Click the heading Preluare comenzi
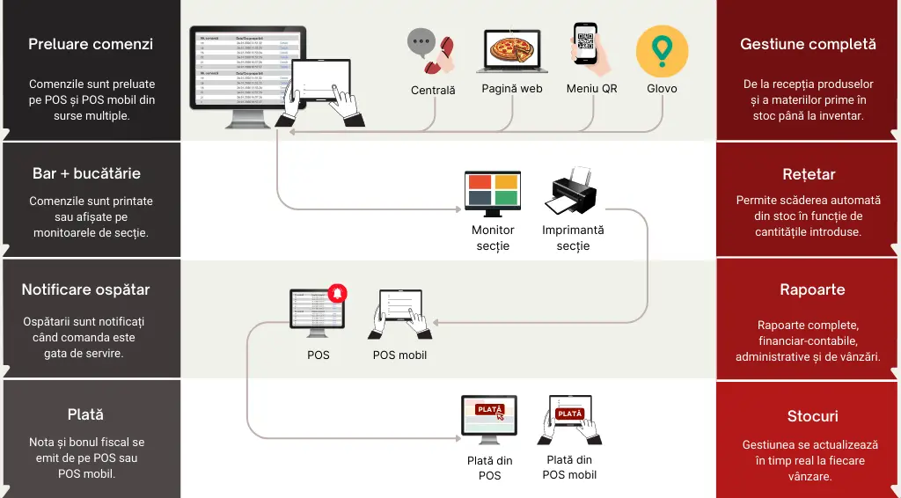[x=91, y=44]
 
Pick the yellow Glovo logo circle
[x=662, y=51]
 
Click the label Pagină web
[x=511, y=89]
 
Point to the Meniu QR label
[x=591, y=89]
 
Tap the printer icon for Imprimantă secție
[x=573, y=192]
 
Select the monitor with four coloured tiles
[x=493, y=193]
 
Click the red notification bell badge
[x=337, y=293]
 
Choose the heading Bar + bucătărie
[x=86, y=173]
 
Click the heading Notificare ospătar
[x=85, y=289]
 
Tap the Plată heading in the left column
[x=85, y=414]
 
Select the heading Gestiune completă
[x=808, y=44]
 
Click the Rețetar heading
[x=808, y=174]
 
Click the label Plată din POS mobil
[x=569, y=467]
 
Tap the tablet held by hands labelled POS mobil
[x=400, y=313]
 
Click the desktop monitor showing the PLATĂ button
[x=489, y=419]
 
